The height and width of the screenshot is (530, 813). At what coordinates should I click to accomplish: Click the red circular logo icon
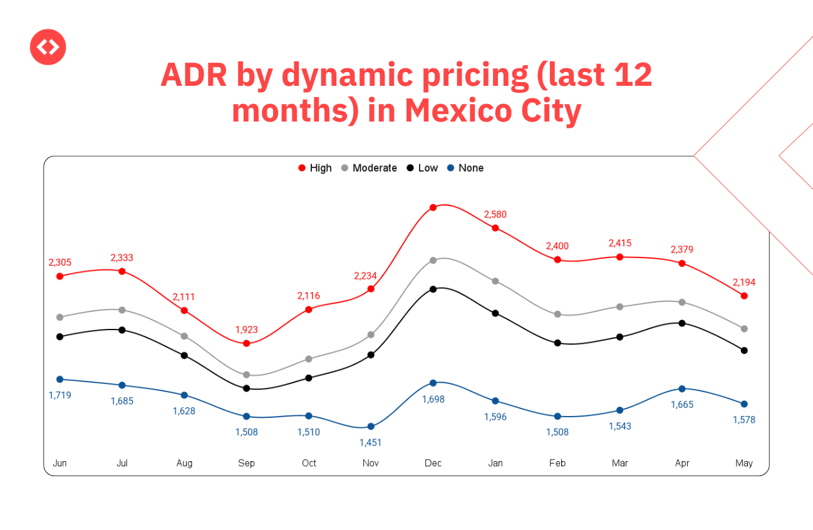48,47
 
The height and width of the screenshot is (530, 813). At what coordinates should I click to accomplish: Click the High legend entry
316,168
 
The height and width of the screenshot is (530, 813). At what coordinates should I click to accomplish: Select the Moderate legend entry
369,168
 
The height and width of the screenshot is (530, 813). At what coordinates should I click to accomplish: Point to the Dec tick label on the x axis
433,463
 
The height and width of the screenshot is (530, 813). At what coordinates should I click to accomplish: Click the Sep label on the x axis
247,463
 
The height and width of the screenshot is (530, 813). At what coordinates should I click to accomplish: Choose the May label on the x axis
744,463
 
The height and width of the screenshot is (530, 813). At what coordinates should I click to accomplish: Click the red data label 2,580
495,214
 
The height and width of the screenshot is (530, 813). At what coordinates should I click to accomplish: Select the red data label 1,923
247,330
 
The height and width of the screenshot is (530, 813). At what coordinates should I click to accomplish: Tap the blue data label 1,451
370,442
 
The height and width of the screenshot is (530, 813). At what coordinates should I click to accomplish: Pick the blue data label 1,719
60,395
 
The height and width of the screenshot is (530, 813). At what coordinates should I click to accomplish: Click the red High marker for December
433,207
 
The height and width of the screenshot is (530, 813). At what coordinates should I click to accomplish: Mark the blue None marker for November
371,427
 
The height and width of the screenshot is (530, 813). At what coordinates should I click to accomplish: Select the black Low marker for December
433,289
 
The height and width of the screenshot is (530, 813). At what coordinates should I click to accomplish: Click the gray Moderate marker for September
247,375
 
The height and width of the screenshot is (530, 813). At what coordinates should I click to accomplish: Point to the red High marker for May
744,296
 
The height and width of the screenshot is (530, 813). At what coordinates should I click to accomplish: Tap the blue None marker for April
682,389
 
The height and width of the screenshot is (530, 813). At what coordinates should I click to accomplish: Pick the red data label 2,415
619,243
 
